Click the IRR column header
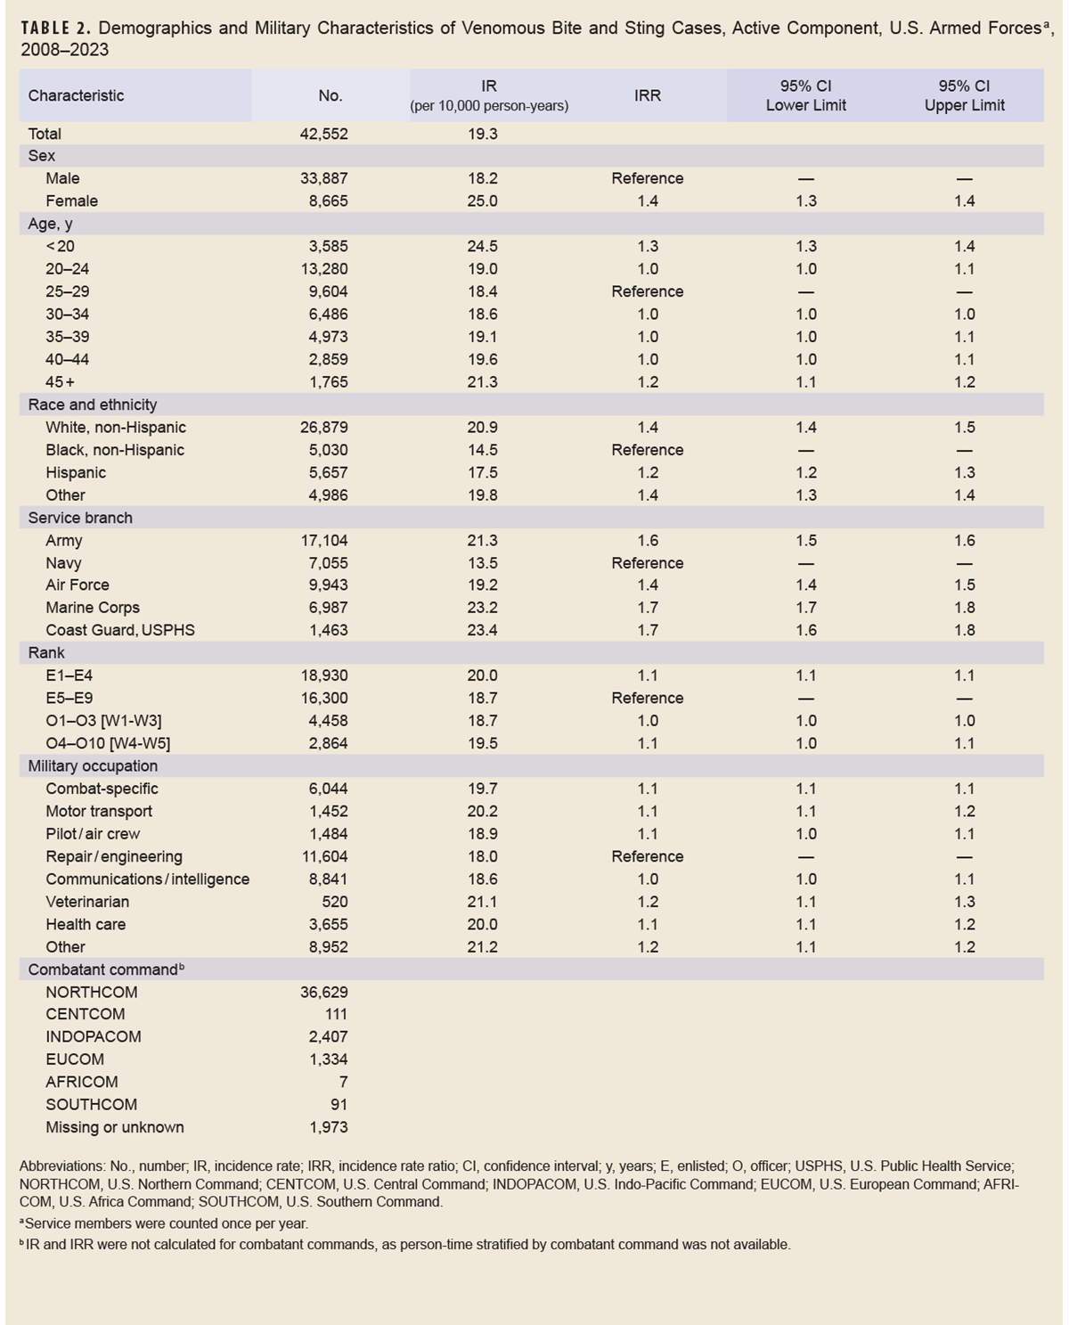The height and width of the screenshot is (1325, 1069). pos(648,95)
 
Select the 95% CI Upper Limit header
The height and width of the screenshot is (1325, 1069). pos(964,95)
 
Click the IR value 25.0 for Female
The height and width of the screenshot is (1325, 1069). pos(483,201)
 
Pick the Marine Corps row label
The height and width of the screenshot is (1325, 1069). pos(93,608)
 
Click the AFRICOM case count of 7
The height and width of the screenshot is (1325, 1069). pos(343,1082)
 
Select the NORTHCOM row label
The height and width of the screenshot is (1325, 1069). pos(92,992)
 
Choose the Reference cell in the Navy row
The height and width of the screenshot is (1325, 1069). pos(648,563)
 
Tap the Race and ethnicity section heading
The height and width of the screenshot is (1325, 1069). pos(93,405)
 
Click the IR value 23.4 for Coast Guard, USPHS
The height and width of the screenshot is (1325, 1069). pos(483,630)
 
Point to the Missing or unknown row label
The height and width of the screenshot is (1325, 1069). pos(115,1127)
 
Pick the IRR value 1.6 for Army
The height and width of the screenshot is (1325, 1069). pos(648,540)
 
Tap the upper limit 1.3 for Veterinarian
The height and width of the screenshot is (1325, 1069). pos(964,902)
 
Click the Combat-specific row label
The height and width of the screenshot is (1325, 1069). pos(102,789)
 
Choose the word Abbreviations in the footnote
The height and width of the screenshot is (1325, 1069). pos(61,1166)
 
